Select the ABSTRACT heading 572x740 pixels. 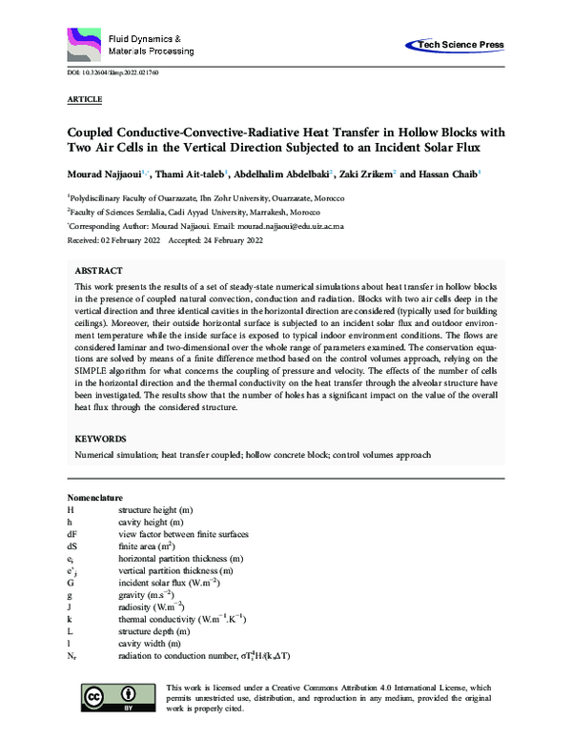pyautogui.click(x=97, y=271)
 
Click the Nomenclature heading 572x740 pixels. pyautogui.click(x=95, y=499)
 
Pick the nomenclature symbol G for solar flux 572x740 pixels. pyautogui.click(x=71, y=581)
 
